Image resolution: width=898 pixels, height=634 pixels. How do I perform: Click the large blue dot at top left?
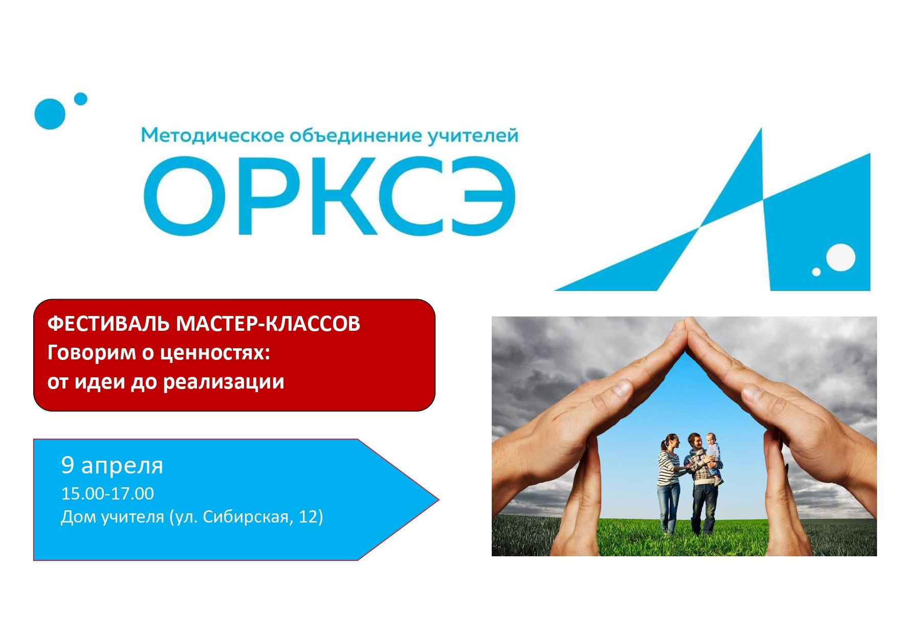[50, 114]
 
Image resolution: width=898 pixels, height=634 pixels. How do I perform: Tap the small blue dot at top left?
[80, 99]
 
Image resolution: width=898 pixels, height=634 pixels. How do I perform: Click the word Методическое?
[212, 135]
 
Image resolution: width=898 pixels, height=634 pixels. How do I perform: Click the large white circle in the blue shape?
[841, 258]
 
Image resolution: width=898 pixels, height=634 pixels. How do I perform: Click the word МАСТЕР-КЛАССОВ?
[268, 324]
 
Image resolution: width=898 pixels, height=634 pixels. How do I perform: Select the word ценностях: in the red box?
[215, 353]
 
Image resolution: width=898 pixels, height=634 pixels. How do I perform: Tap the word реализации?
[224, 382]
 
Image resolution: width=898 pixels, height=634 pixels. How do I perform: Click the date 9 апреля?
[112, 465]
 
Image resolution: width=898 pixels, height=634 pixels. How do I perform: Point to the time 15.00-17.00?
[107, 493]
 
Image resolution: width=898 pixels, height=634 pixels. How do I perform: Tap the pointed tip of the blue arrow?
[439, 500]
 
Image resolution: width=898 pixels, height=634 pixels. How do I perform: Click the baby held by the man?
[713, 458]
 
